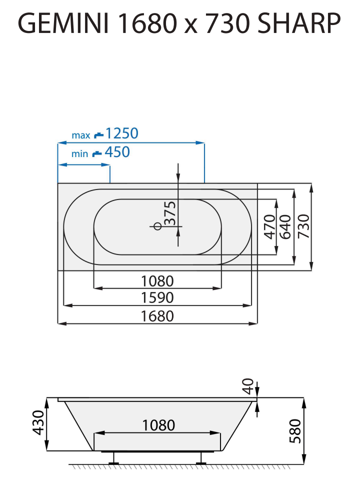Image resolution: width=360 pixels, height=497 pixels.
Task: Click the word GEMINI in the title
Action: click(x=63, y=23)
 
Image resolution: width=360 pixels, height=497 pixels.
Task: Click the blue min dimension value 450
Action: click(x=117, y=152)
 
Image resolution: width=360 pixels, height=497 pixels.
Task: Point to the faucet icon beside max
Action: click(x=98, y=134)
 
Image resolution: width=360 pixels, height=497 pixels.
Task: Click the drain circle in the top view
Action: click(x=157, y=226)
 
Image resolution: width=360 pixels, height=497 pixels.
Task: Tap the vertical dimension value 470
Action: click(x=270, y=226)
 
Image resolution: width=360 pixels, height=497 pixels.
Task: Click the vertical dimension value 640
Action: click(x=285, y=226)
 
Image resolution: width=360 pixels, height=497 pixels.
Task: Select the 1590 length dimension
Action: click(x=158, y=297)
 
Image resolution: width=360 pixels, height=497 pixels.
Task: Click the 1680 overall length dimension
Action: click(x=158, y=316)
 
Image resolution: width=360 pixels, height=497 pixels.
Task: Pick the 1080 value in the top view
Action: click(x=158, y=280)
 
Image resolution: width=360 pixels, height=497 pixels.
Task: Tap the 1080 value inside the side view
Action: click(x=158, y=425)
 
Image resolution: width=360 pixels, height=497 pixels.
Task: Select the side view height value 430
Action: click(x=38, y=422)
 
